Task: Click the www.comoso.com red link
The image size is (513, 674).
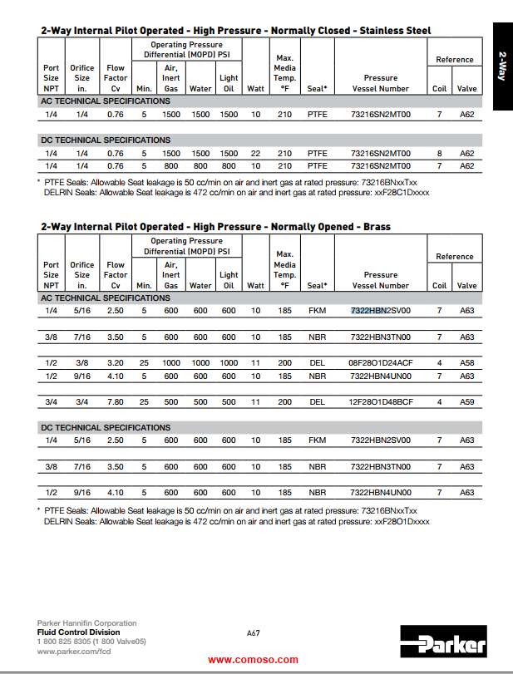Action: [x=253, y=660]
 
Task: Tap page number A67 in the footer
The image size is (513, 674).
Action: [x=254, y=632]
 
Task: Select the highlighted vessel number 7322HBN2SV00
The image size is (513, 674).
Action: [x=381, y=311]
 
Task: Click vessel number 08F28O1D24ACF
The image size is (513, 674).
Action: [x=381, y=363]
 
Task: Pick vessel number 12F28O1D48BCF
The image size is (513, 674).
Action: [x=381, y=402]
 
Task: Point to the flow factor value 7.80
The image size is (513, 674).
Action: [x=116, y=402]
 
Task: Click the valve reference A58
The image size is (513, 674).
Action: [x=467, y=363]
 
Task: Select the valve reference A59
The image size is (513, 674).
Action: [x=467, y=402]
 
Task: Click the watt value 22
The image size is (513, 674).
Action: [x=255, y=154]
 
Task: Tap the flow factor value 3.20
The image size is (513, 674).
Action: [x=116, y=363]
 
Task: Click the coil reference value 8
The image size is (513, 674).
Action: [x=439, y=154]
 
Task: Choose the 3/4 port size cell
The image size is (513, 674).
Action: [x=51, y=402]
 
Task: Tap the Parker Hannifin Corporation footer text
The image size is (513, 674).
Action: [x=87, y=623]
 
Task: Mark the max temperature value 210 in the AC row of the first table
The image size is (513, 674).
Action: [x=284, y=115]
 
